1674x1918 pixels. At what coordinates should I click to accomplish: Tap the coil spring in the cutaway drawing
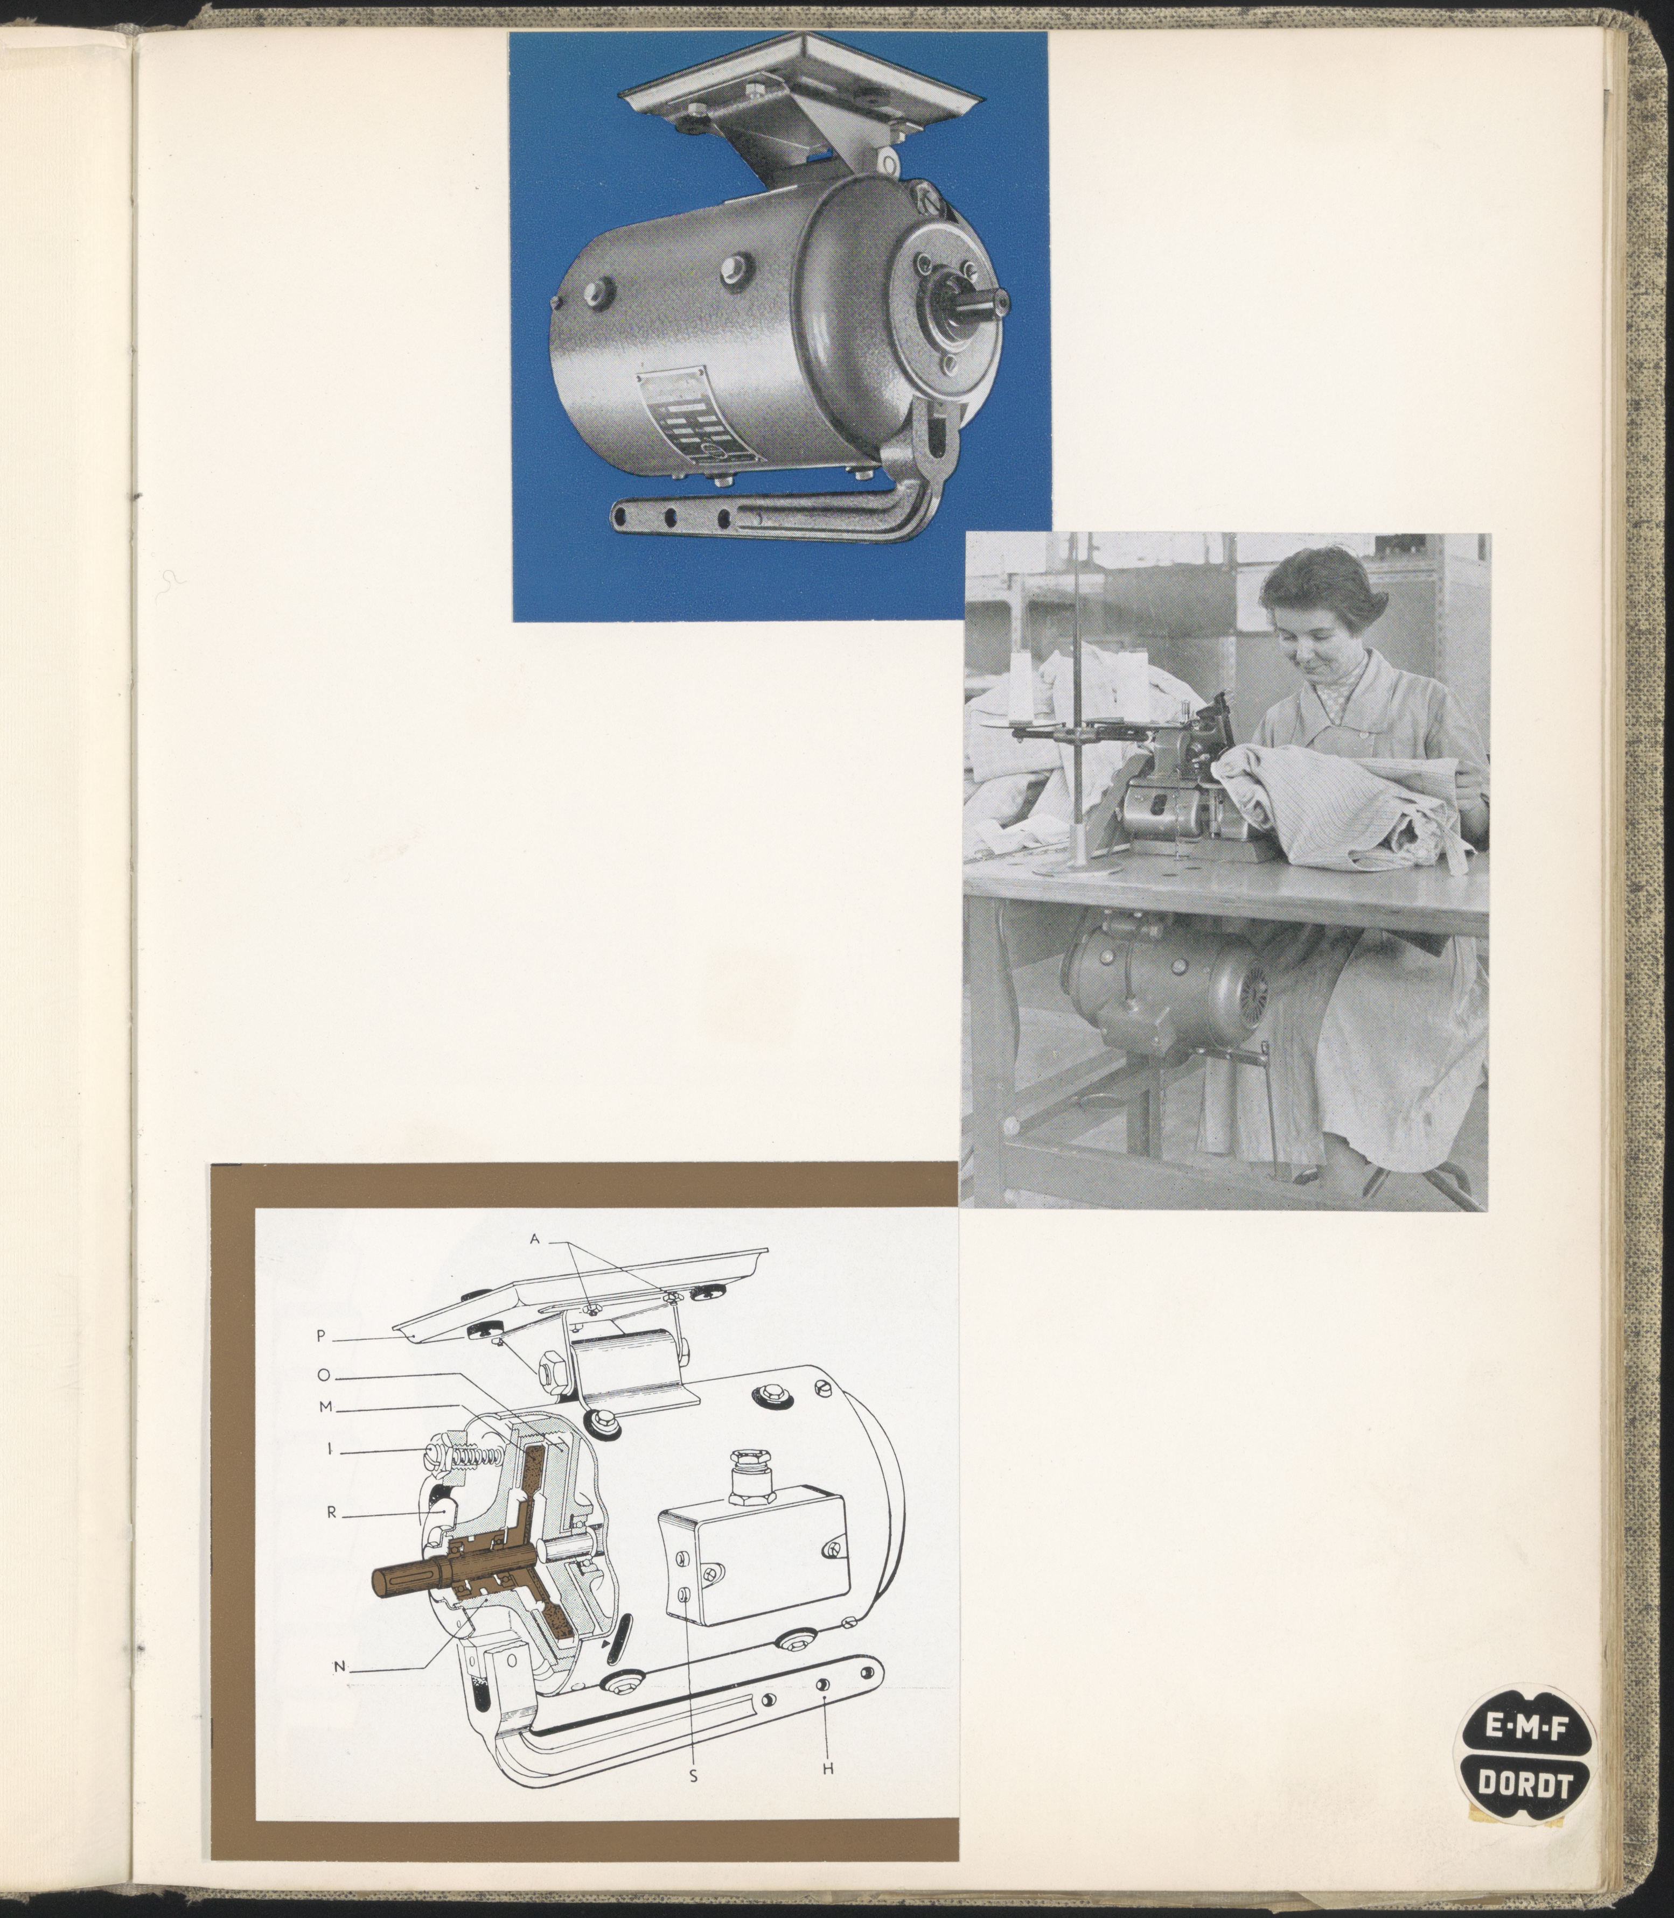[x=477, y=1462]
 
